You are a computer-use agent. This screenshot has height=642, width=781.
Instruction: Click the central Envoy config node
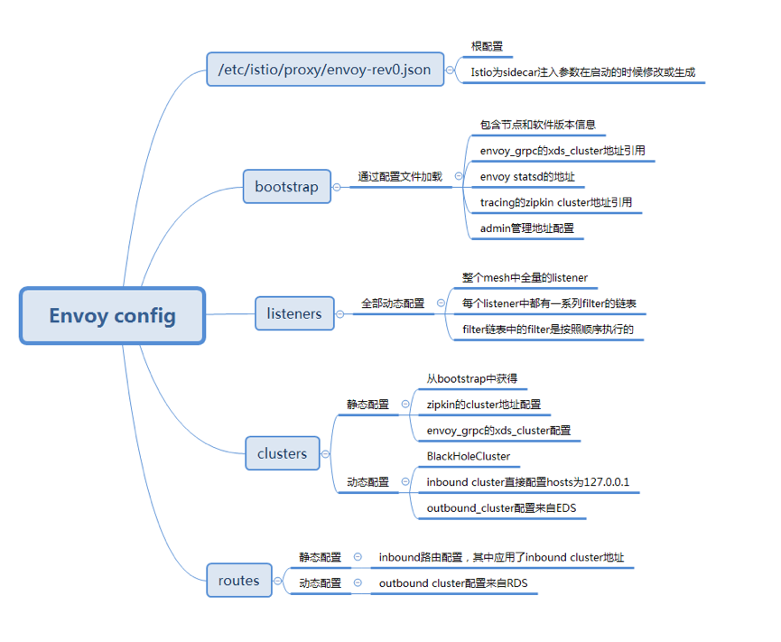(x=113, y=315)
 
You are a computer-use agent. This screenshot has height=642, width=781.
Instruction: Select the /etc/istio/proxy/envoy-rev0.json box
(x=325, y=69)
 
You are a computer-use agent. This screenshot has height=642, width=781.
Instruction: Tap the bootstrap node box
(x=286, y=187)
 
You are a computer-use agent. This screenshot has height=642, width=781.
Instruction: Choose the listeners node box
(x=294, y=314)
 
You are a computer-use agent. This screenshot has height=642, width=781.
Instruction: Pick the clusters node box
(x=282, y=453)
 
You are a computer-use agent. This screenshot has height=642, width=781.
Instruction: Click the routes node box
(x=238, y=581)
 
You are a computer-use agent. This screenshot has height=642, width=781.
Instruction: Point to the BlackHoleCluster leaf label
(x=469, y=456)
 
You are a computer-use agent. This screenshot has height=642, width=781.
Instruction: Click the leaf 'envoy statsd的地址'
(x=527, y=177)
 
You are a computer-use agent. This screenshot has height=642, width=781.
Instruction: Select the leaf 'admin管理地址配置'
(x=527, y=228)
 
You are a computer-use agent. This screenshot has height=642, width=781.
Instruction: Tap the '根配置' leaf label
(x=487, y=46)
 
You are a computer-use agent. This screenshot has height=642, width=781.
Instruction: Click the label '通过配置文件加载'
(x=400, y=177)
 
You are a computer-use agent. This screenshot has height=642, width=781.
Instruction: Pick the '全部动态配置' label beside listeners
(x=393, y=303)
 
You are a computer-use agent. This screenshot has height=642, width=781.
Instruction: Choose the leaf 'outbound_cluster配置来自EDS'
(x=501, y=508)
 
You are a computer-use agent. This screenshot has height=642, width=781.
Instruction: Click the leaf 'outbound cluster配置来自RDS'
(x=453, y=583)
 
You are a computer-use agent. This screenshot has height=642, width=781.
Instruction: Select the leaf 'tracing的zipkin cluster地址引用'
(x=556, y=203)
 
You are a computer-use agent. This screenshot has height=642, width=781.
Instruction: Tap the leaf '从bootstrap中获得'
(x=472, y=379)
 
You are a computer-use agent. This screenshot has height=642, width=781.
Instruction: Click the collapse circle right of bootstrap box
(x=338, y=187)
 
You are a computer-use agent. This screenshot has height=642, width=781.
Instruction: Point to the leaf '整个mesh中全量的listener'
(x=525, y=277)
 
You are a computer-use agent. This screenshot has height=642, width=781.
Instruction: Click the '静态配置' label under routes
(x=321, y=557)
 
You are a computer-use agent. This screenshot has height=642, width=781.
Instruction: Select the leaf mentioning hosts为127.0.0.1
(x=528, y=482)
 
